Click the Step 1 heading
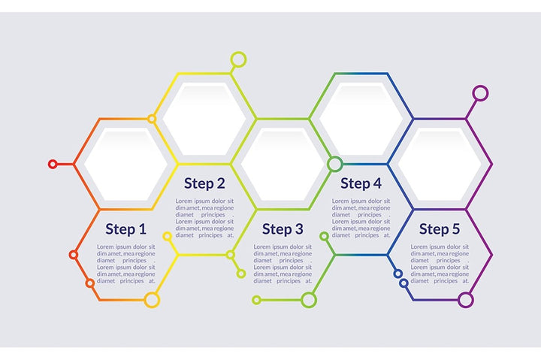(126, 229)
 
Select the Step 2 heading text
(204, 183)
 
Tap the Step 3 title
(283, 229)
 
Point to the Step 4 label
(361, 183)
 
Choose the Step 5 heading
(440, 229)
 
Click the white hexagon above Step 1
(125, 164)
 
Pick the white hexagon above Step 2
(204, 119)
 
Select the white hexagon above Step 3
(283, 164)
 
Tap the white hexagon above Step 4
(361, 119)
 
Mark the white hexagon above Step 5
(440, 164)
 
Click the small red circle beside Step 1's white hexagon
(53, 164)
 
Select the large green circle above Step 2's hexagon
(238, 59)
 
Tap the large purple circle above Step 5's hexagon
(480, 93)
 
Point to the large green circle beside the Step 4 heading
(335, 164)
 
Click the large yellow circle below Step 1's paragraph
(152, 300)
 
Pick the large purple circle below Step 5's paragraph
(466, 300)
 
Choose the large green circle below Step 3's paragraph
(308, 300)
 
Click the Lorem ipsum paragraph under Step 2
(204, 218)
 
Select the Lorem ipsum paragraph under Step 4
(361, 218)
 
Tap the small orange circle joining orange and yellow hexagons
(152, 119)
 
